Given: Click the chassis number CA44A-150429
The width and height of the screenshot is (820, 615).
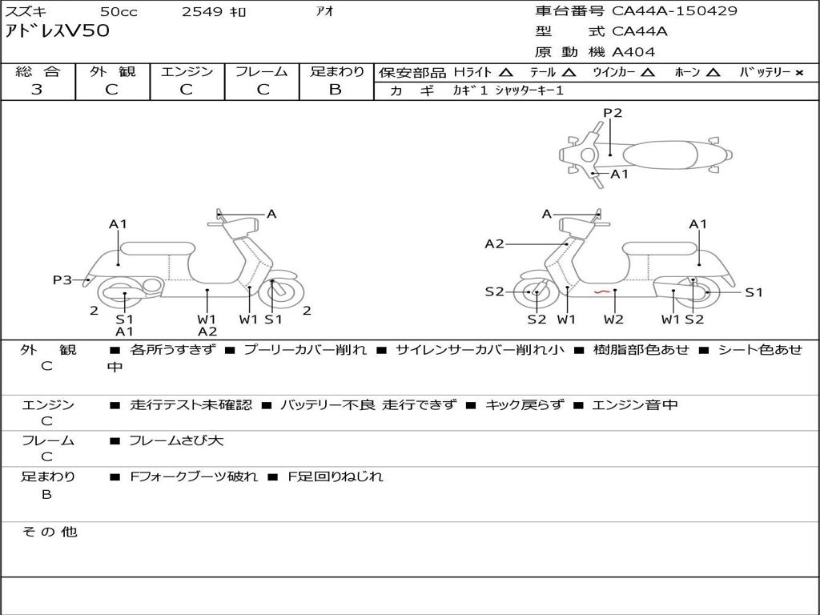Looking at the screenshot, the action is (x=674, y=11).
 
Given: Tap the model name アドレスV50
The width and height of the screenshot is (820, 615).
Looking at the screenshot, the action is (x=58, y=32).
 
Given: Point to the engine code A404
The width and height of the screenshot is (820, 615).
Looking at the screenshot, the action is (x=633, y=52).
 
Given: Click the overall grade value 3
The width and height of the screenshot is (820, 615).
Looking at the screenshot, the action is (x=37, y=90).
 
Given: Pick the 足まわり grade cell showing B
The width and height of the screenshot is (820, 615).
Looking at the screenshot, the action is (x=336, y=90).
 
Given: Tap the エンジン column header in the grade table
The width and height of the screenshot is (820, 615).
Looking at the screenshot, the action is (x=187, y=71).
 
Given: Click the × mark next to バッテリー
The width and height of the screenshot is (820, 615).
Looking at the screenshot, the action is (x=798, y=72).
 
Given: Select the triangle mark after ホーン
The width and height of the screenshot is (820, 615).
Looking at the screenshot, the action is (x=713, y=72).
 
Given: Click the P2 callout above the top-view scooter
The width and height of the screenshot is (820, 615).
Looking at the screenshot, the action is (x=613, y=113).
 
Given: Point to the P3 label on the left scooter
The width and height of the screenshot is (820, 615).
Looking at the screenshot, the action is (x=62, y=279).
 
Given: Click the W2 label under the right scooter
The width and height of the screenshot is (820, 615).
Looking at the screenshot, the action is (x=613, y=320).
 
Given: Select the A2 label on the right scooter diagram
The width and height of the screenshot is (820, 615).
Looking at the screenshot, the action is (x=495, y=243).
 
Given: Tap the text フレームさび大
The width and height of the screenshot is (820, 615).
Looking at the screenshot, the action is (x=176, y=440).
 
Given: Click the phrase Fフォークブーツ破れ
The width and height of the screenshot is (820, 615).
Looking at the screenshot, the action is (x=194, y=476).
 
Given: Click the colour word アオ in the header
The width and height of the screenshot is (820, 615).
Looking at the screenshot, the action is (x=325, y=11).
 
